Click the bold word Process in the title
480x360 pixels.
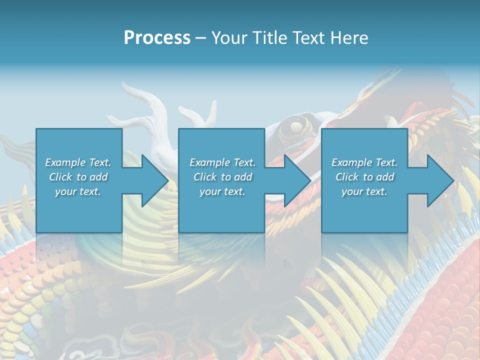click(x=157, y=37)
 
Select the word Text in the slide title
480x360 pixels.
click(x=309, y=37)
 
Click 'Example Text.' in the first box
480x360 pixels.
click(x=78, y=162)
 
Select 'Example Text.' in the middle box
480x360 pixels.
click(x=222, y=162)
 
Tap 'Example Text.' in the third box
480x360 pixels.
click(x=364, y=162)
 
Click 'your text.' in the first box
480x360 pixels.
click(x=78, y=191)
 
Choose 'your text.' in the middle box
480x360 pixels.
click(x=222, y=191)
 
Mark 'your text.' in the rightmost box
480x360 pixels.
click(x=364, y=191)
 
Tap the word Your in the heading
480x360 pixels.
click(x=229, y=37)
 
